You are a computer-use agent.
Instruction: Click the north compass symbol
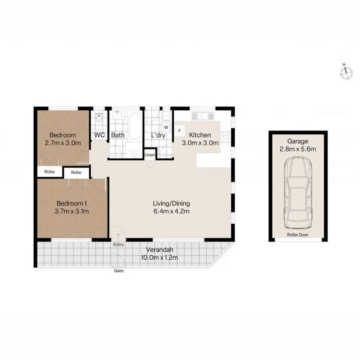pyautogui.click(x=345, y=72)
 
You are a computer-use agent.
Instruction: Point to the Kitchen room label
pyautogui.click(x=200, y=135)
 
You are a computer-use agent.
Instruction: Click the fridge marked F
pyautogui.click(x=180, y=130)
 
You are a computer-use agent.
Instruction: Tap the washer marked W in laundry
pyautogui.click(x=166, y=127)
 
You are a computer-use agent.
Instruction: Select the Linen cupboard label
pyautogui.click(x=150, y=155)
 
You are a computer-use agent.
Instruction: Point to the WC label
pyautogui.click(x=99, y=135)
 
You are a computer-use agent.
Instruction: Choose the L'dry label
pyautogui.click(x=158, y=135)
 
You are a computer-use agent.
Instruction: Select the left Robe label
pyautogui.click(x=49, y=171)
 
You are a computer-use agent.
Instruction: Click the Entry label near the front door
pyautogui.click(x=118, y=244)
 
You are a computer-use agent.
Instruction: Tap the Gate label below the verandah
pyautogui.click(x=118, y=271)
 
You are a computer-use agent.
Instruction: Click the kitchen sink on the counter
pyautogui.click(x=202, y=116)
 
